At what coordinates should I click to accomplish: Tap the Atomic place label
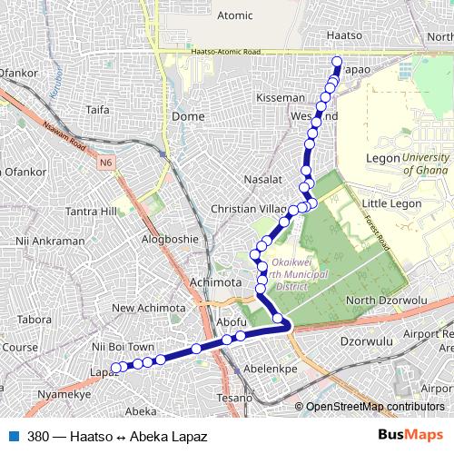[x=235, y=15]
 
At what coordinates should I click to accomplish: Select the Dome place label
[x=188, y=116]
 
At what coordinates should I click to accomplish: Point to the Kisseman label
[x=281, y=97]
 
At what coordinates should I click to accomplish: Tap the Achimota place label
[x=215, y=282]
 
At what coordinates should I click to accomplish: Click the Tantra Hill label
[x=92, y=212]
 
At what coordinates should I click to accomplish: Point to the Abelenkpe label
[x=271, y=370]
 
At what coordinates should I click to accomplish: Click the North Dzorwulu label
[x=386, y=301]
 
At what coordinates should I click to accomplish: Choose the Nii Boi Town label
[x=123, y=346]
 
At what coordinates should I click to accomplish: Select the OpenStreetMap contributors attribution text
[x=374, y=406]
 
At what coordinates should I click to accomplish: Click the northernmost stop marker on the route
[x=337, y=63]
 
